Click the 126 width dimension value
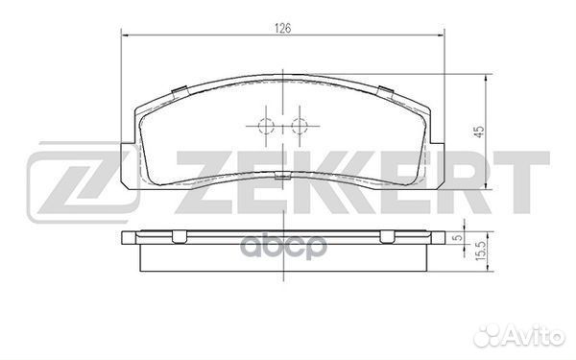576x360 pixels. [283, 28]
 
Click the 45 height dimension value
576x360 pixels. [479, 132]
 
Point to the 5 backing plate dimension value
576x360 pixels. [458, 238]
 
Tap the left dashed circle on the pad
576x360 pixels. [266, 127]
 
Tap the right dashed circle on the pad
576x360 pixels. [299, 127]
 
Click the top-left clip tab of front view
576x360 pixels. [180, 92]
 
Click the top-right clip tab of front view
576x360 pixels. [386, 92]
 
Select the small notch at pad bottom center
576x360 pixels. [282, 176]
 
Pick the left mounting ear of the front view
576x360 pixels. [129, 164]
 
